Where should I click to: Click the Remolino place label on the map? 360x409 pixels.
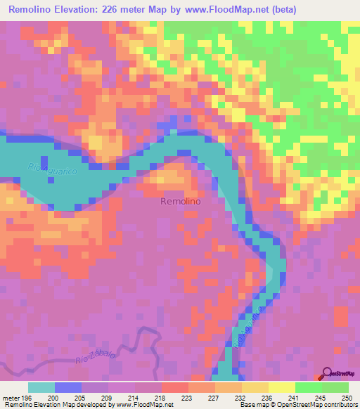pos(181,201)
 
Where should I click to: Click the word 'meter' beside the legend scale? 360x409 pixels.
pos(11,398)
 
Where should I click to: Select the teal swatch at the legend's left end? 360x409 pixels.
pos(41,387)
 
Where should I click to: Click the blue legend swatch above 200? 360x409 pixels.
pos(68,387)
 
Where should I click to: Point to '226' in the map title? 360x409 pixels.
pos(123,10)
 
